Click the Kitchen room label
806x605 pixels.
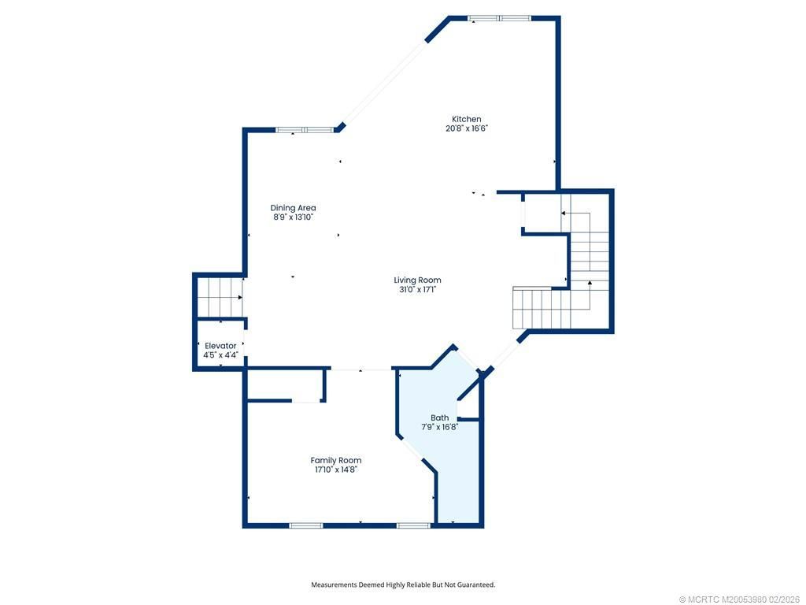coord(467,119)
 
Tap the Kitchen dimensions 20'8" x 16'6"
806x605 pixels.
coord(467,128)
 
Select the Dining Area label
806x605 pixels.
coord(293,208)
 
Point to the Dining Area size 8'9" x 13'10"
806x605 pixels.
coord(293,217)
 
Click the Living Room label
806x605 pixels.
coord(417,280)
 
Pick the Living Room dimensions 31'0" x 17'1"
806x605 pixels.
coord(417,289)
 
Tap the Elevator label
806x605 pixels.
coord(220,346)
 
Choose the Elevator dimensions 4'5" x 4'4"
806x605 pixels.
coord(220,355)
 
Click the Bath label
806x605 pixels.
coord(439,418)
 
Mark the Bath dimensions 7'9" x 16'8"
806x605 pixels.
coord(439,427)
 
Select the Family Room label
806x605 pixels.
coord(336,460)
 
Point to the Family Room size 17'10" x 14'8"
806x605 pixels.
coord(336,470)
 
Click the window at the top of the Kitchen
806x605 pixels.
coord(499,17)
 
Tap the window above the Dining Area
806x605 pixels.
coord(304,130)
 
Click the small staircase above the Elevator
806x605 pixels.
coord(218,296)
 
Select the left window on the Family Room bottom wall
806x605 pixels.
coord(305,525)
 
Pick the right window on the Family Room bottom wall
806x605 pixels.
coord(413,525)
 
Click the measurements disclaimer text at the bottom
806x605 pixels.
coord(403,585)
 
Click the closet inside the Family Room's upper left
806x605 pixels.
coord(285,385)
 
